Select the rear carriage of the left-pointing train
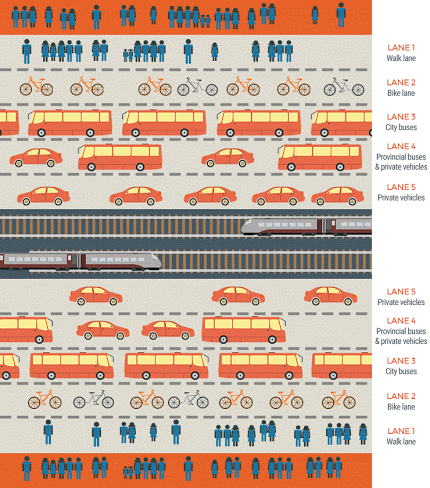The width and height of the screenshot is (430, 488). [349, 226]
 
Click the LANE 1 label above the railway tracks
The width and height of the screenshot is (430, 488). [401, 48]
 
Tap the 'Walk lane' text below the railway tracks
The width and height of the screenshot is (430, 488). [401, 442]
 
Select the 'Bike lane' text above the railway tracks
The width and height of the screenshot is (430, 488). [401, 93]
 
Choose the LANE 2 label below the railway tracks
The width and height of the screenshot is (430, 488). [401, 396]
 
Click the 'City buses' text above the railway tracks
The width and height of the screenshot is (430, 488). [401, 127]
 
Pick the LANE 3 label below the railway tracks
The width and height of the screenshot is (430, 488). [401, 361]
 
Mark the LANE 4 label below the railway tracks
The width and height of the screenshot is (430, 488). [401, 321]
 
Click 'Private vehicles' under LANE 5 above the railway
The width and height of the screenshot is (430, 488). [401, 198]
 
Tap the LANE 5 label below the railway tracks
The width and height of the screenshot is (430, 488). [401, 292]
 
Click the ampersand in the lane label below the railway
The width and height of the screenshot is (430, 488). [377, 341]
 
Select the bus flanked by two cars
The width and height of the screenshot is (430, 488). [120, 157]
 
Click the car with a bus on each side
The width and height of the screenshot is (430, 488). [228, 158]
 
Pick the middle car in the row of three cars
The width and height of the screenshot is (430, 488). [238, 296]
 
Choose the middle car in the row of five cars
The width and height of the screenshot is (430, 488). [210, 196]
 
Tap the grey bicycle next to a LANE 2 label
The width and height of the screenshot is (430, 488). [344, 87]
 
